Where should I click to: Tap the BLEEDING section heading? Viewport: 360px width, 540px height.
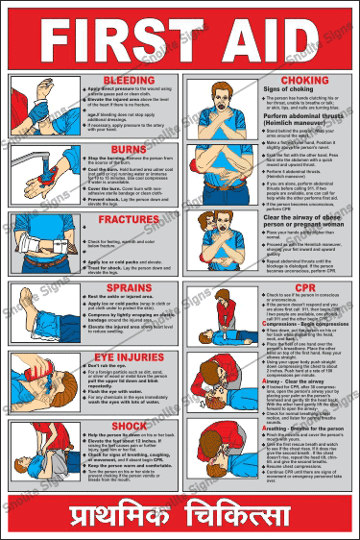pyautogui.click(x=130, y=79)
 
